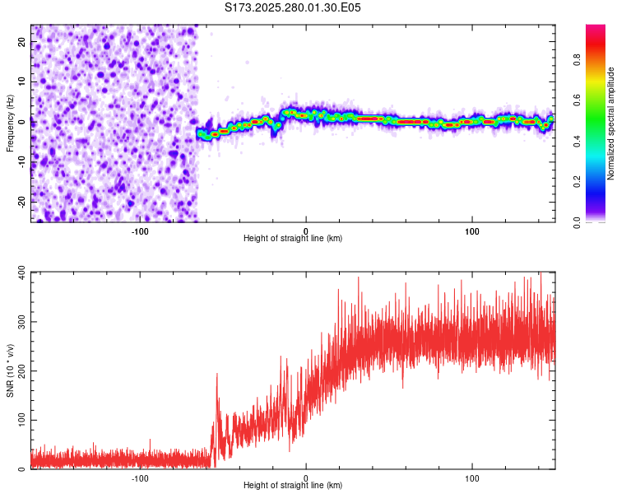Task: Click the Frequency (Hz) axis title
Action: tap(10, 123)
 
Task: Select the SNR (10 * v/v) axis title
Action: tap(10, 370)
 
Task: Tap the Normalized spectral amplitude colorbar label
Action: tap(610, 123)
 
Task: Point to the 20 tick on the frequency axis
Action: tap(22, 43)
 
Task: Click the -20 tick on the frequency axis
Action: tap(21, 202)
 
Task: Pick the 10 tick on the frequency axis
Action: tap(22, 82)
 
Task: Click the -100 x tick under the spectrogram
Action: tap(139, 231)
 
